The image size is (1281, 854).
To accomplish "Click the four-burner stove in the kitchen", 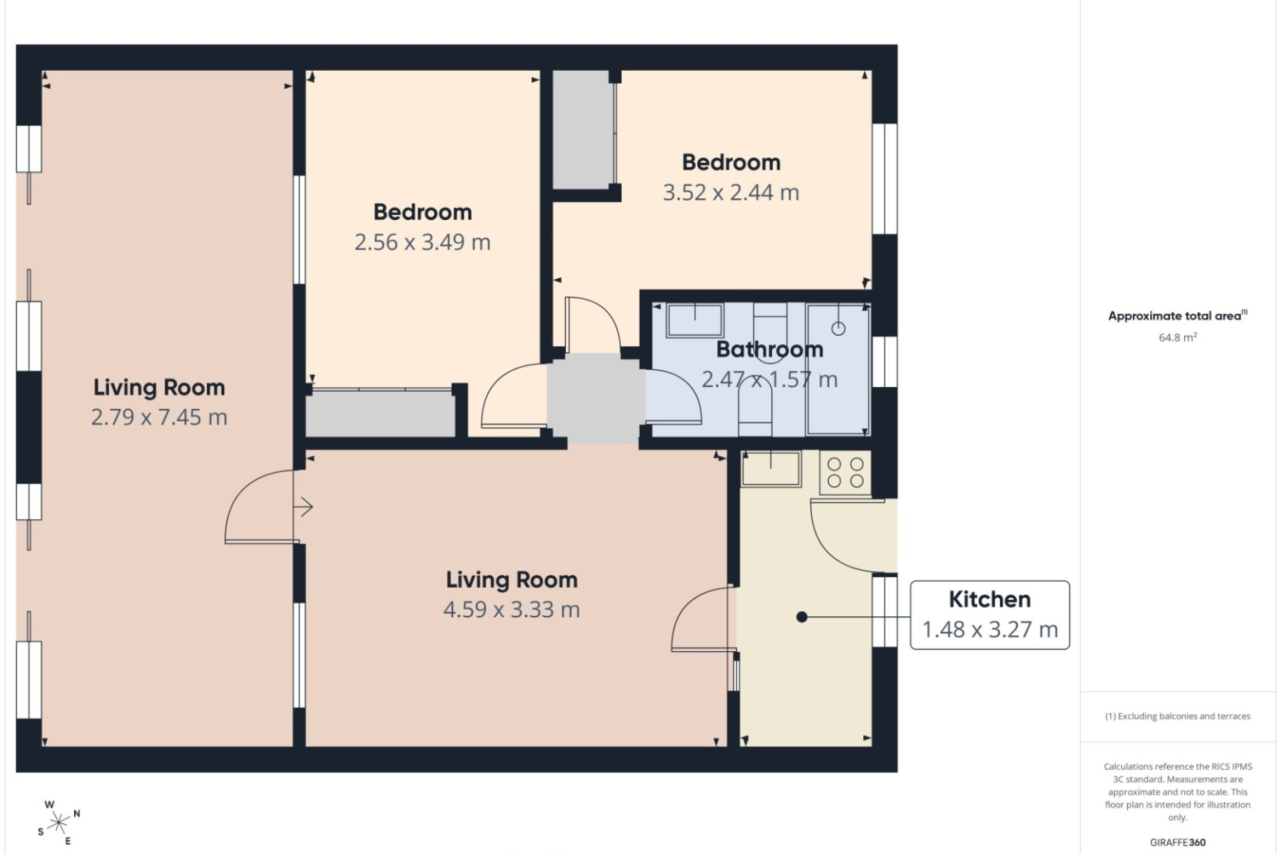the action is pos(845,472).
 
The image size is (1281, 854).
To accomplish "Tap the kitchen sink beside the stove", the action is pos(771,468).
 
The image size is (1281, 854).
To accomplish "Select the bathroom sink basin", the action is pos(695,320).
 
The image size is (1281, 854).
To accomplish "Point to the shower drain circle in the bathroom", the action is pos(839,328).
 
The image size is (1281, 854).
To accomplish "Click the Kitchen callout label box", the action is pos(990,615).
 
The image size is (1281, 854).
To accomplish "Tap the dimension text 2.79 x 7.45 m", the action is pos(159,417).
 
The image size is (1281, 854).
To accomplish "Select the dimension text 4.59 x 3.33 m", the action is pos(512,609).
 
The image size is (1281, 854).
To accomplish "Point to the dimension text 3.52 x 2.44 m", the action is pos(731,192).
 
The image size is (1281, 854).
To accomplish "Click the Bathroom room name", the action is pos(770,349).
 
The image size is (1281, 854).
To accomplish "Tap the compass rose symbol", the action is pos(59,823).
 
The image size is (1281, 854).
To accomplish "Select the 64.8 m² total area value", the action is pos(1178,337).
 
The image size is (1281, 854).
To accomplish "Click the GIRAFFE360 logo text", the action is pos(1178,843).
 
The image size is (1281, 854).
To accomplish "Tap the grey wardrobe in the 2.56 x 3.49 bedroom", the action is pos(380,414).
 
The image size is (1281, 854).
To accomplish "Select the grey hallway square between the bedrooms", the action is pos(596,398).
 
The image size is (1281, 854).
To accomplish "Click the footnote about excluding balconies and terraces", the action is pos(1178,716).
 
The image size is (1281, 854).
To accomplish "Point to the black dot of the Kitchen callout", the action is pos(802,617).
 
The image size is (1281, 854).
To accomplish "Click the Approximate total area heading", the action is pos(1178,316).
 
